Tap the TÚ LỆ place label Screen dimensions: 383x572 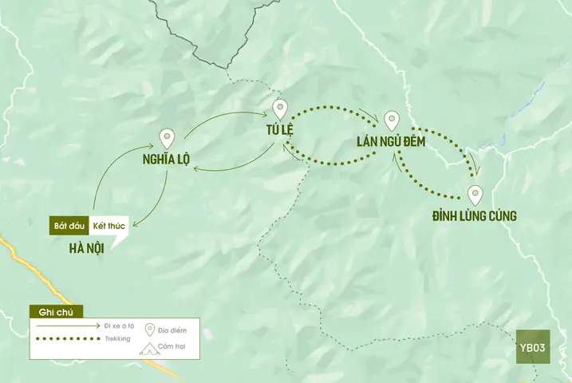point(282,130)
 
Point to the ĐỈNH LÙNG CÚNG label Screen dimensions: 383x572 point(474,216)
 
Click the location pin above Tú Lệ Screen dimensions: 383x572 point(279,109)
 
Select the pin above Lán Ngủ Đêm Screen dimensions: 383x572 point(391,120)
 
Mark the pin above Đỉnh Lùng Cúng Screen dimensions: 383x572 point(475,195)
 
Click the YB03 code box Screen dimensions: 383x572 point(532,347)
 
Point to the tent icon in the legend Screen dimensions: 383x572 point(148,349)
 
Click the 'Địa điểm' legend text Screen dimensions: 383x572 point(173,330)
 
